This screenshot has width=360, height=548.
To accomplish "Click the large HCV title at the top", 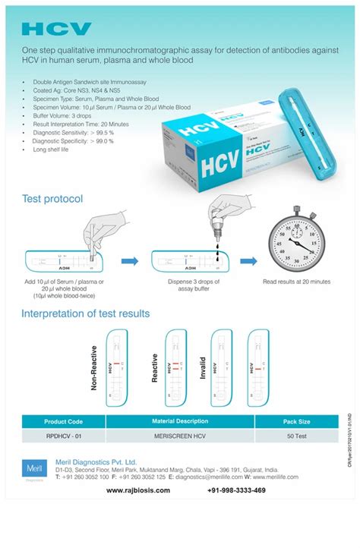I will click(56, 29).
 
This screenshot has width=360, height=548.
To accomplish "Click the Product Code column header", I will click(63, 421).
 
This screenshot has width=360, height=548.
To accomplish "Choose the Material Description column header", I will click(180, 421).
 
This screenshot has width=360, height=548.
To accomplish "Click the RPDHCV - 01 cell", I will click(63, 436).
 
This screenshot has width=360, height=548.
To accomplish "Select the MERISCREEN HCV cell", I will click(180, 436).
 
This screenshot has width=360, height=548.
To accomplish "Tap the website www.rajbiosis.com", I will click(138, 490).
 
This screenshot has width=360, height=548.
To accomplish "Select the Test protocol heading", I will click(52, 199).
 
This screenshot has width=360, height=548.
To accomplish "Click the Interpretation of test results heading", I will click(85, 313).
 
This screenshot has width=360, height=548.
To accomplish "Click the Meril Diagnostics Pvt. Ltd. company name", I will click(96, 461).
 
